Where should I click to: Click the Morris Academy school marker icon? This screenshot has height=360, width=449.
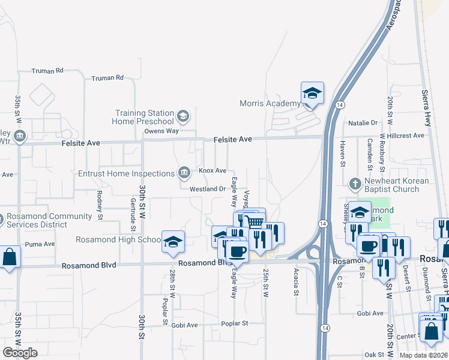coord(312,94)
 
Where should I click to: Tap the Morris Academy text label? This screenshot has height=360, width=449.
coord(270,103)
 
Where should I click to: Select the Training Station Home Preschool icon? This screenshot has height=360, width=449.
coord(183,115)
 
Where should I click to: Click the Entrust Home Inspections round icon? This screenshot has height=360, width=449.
coord(184,173)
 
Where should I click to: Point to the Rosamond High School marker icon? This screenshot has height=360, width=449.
coord(173,241)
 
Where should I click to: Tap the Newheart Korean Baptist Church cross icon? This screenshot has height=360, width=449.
coord(355,182)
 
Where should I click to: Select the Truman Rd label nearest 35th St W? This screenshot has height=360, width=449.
coord(49,71)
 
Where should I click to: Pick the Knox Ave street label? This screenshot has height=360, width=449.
coord(212,171)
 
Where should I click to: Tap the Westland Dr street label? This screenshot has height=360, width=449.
coord(207,189)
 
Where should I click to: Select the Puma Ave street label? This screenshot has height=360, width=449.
coord(40,244)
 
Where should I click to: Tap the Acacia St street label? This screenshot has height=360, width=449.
coord(297,278)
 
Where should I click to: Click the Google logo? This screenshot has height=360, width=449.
coord(20,353)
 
